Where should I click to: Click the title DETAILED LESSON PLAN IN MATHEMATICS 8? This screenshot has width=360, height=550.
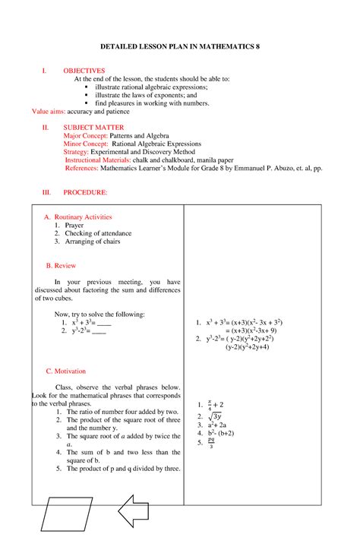[x=179, y=46]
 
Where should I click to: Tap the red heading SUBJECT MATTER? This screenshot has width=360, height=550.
[x=93, y=127]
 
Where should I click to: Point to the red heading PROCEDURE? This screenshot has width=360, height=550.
[x=85, y=193]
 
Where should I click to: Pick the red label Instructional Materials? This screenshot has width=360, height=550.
[x=98, y=161]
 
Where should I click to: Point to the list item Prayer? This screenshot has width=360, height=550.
[x=74, y=226]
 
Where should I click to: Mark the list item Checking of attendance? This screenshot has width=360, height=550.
[x=97, y=234]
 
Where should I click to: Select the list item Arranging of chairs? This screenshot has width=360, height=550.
[x=92, y=242]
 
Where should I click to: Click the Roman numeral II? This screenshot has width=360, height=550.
[x=45, y=127]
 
